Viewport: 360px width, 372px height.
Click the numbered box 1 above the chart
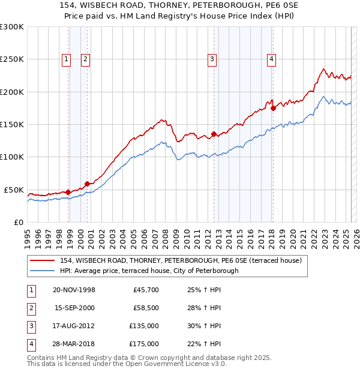(66, 59)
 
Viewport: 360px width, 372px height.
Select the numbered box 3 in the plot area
(212, 59)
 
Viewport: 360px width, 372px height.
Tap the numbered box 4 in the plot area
(271, 59)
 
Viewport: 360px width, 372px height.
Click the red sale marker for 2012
(214, 134)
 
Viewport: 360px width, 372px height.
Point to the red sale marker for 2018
(273, 108)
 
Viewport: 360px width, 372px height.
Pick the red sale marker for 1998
(68, 192)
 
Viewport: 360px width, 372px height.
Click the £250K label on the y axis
(12, 59)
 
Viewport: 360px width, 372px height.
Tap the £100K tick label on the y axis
(12, 157)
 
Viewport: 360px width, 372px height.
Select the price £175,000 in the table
(144, 344)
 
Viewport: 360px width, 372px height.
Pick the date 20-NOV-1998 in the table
(74, 290)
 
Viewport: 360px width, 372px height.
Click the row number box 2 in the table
(31, 308)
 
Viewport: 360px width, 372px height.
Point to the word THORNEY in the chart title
(145, 5)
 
